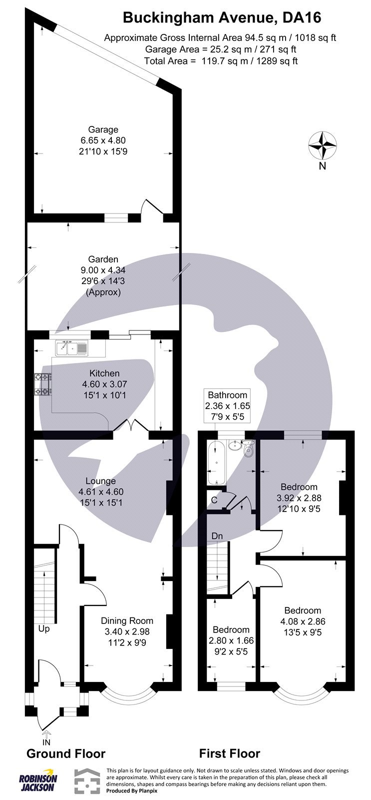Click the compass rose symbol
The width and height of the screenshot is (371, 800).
click(x=323, y=145)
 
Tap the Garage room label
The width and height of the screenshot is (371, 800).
click(x=103, y=130)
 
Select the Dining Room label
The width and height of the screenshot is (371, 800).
click(x=127, y=621)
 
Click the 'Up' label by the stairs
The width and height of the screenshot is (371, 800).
click(x=44, y=629)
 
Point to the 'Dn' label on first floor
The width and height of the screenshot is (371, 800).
click(x=217, y=536)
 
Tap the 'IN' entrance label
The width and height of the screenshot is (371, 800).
click(x=46, y=742)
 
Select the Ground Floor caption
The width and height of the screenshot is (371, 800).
click(x=65, y=753)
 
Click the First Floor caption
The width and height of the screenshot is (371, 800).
click(x=230, y=753)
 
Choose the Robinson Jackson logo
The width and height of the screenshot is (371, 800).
click(x=38, y=782)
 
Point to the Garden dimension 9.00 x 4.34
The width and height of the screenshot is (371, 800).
click(x=103, y=270)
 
